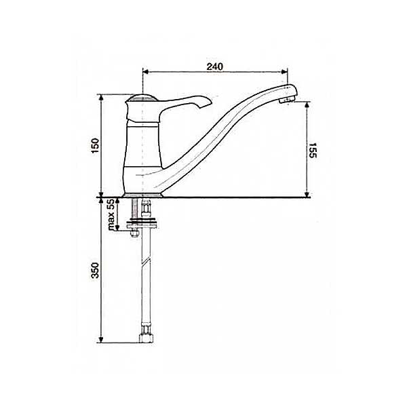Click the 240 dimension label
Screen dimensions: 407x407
point(214,66)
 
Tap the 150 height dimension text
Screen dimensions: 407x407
point(95,146)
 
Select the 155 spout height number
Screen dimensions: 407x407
point(313,150)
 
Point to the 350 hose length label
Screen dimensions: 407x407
point(95,271)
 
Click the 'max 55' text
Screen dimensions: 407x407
point(111,214)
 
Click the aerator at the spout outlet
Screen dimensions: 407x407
point(286,100)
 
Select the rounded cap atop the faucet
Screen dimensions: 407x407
point(142,97)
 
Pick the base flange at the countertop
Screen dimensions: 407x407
point(142,195)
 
